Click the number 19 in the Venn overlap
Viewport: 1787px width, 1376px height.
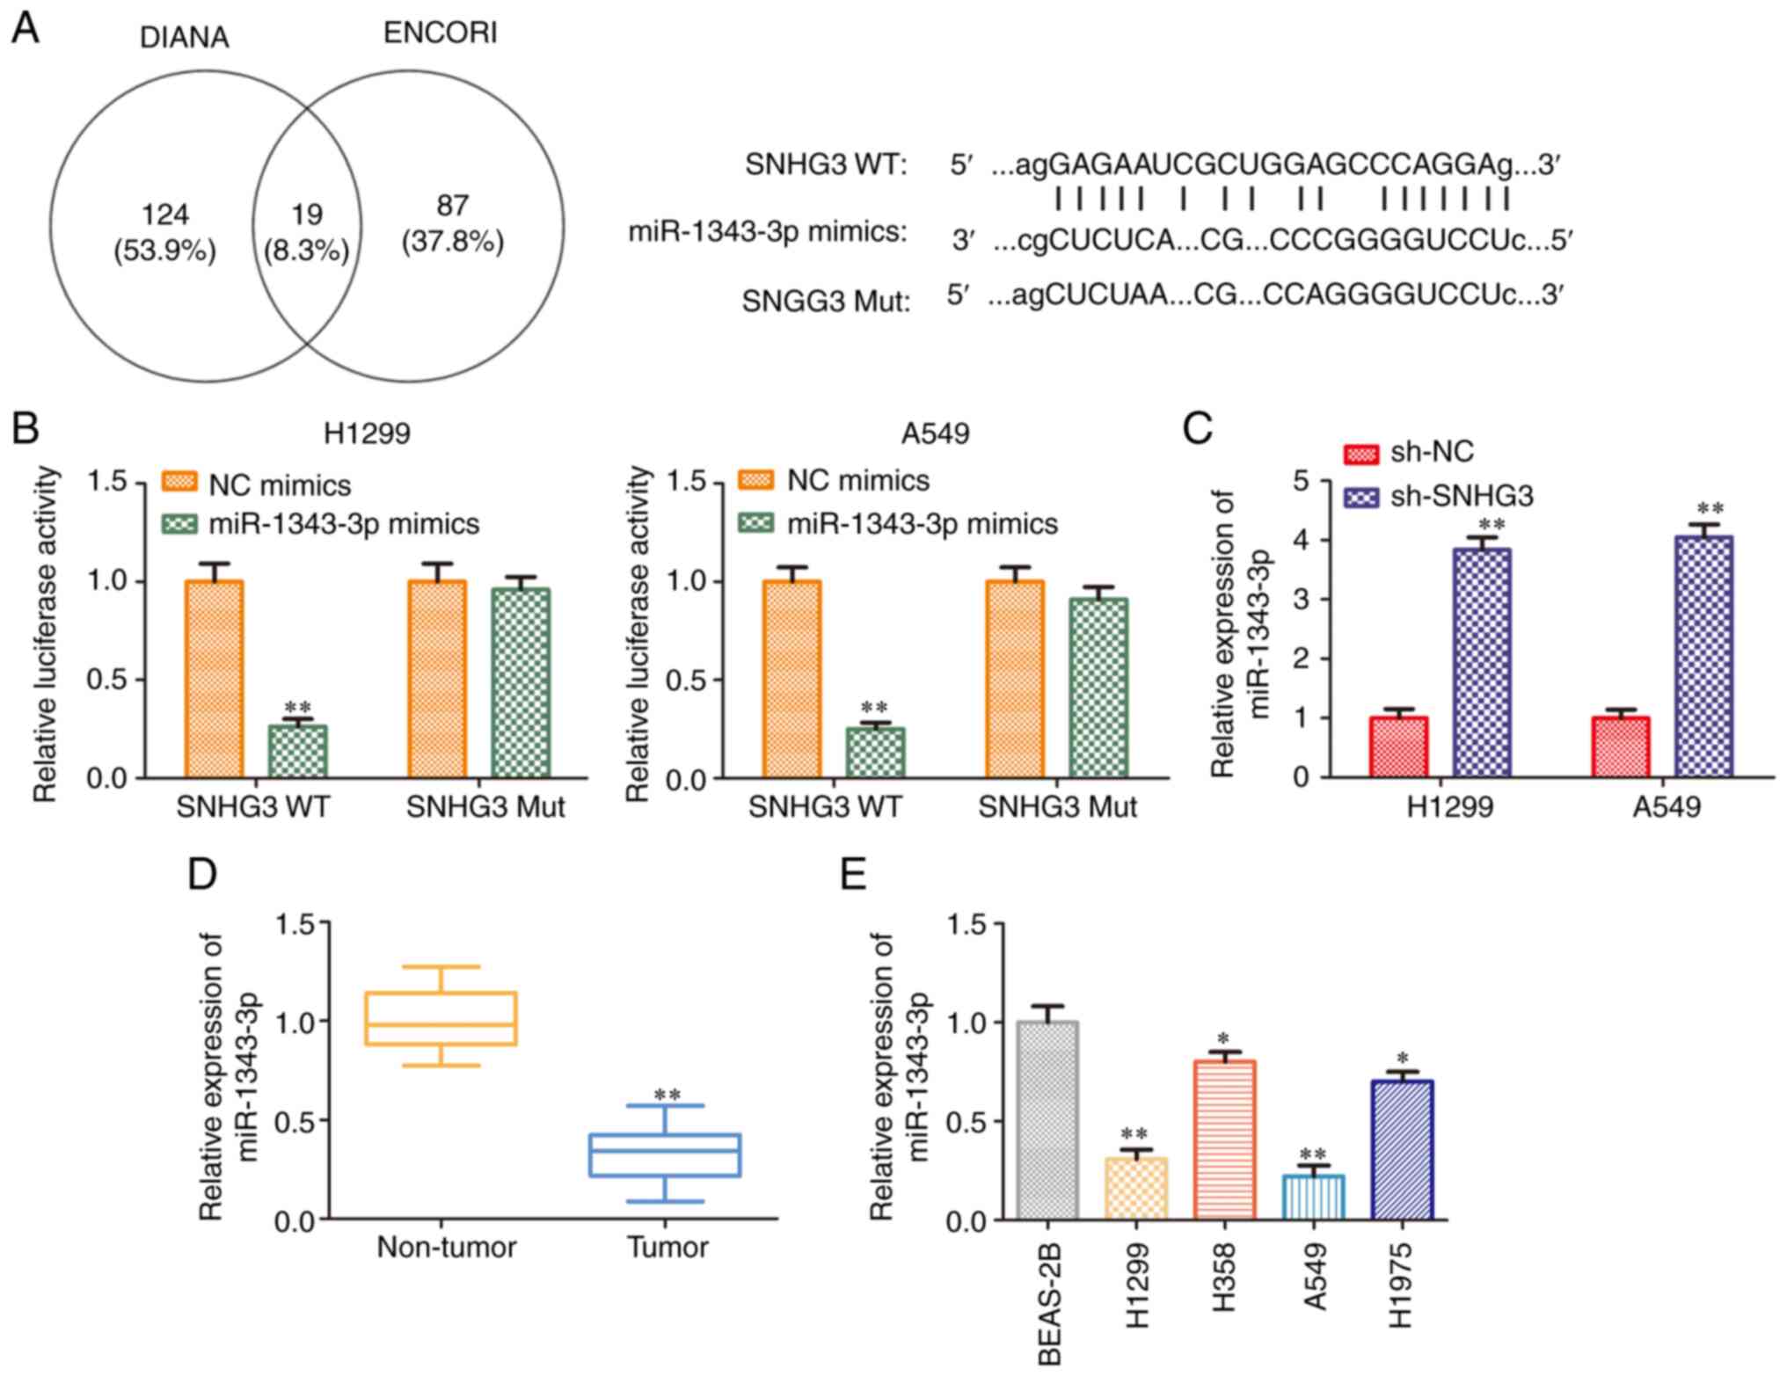307,214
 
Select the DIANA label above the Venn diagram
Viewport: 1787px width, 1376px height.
185,37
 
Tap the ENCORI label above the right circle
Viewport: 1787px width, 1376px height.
440,33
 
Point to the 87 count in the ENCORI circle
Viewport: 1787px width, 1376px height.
452,206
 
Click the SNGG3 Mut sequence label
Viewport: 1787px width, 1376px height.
825,302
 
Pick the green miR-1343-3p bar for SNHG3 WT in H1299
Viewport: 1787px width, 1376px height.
297,751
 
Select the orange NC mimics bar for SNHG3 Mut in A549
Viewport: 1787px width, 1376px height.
1015,679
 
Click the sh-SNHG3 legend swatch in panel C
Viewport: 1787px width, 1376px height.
1361,498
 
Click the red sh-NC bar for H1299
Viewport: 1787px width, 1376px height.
1398,746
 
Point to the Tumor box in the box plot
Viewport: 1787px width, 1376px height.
665,1154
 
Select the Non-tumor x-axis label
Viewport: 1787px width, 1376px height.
447,1248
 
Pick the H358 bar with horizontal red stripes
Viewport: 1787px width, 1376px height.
1224,1139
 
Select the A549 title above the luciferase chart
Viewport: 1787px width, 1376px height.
935,433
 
